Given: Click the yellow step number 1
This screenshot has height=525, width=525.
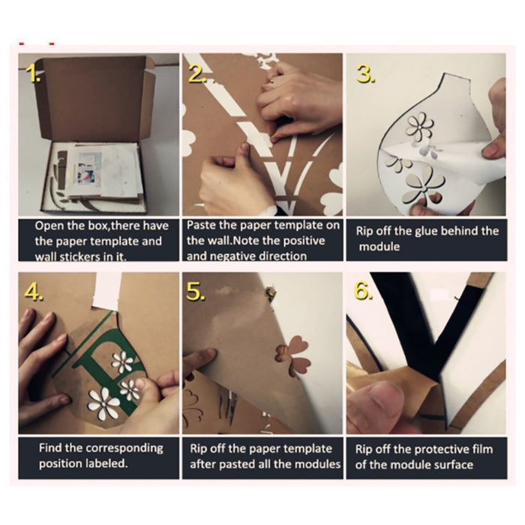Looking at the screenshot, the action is pos(33,73).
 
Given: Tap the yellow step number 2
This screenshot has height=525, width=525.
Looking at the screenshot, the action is pos(197,73).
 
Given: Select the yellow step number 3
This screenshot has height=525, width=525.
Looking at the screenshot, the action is pos(366,73).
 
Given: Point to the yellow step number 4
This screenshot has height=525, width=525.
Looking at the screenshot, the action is pos(34,292).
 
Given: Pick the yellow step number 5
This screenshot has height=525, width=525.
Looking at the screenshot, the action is pos(196,292).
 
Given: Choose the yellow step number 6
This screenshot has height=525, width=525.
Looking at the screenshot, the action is pos(364,291).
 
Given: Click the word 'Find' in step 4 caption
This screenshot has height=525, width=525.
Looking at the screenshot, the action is pos(50,448).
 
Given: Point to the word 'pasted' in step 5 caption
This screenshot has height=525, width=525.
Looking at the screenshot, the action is pos(241,465).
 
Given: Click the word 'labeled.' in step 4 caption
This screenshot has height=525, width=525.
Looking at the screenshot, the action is pos(106,463).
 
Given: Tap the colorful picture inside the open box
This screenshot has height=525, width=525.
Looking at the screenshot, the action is pos(89,169).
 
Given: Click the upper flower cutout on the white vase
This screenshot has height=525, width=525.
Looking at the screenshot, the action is pos(419,125).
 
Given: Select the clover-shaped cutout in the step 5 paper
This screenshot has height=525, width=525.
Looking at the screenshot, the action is pos(293,355).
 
